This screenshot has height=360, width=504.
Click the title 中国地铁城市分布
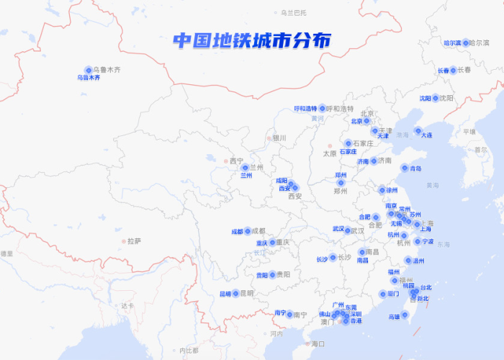click(x=251, y=41)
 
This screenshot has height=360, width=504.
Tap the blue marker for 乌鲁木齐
click(x=89, y=70)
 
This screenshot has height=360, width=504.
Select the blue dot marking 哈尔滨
click(x=466, y=42)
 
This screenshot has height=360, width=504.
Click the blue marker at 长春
click(x=453, y=70)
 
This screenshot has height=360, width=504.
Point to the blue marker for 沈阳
click(x=435, y=98)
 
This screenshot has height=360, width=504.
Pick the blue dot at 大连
click(x=418, y=131)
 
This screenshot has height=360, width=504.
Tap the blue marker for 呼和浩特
click(x=322, y=108)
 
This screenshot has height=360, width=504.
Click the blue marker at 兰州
click(x=245, y=167)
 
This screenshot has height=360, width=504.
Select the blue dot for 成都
click(x=248, y=231)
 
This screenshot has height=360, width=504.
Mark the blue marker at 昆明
click(x=235, y=293)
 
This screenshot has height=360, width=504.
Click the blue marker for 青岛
click(x=404, y=168)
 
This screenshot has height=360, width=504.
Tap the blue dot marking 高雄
click(x=404, y=315)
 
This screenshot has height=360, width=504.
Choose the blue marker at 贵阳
click(x=272, y=274)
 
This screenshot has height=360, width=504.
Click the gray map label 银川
click(x=278, y=138)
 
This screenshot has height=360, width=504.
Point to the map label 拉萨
click(x=134, y=241)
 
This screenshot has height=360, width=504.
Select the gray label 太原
click(x=329, y=153)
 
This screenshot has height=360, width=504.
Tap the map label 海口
click(x=318, y=344)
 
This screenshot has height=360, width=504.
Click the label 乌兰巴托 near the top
click(x=293, y=12)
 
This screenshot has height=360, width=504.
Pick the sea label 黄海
click(x=432, y=186)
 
